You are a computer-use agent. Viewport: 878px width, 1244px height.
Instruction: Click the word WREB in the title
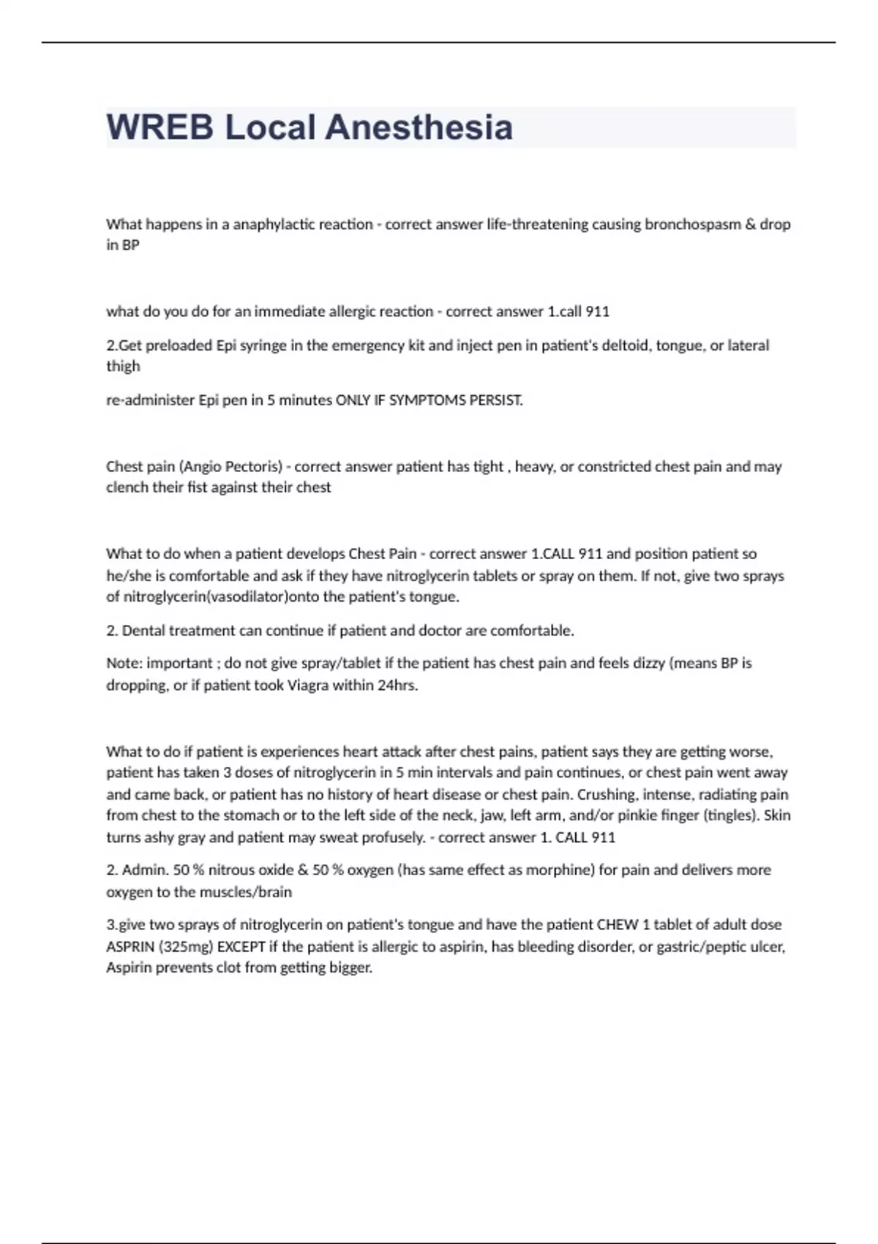coord(160,127)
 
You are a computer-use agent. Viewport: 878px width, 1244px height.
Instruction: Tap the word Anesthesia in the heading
coord(419,127)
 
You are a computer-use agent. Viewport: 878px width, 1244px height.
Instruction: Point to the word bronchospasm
coord(692,224)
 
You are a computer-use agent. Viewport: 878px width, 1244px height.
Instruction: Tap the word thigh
coord(123,366)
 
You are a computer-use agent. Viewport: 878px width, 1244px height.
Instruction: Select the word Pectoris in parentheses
coord(253,466)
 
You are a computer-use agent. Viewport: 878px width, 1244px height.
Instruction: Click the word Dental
coord(142,630)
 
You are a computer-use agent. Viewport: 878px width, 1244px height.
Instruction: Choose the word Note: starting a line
coord(124,663)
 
